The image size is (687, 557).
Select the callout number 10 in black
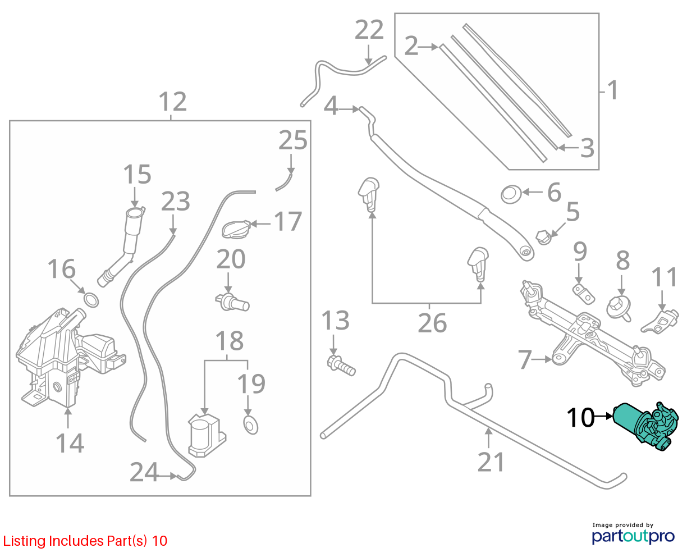pyautogui.click(x=580, y=418)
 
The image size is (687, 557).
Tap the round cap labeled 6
pyautogui.click(x=511, y=194)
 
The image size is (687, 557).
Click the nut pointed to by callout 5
pyautogui.click(x=544, y=238)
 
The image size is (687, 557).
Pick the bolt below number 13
pyautogui.click(x=341, y=366)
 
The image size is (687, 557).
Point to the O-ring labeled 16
pyautogui.click(x=91, y=300)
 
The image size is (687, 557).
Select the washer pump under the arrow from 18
pyautogui.click(x=207, y=435)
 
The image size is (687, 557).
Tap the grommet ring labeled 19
pyautogui.click(x=250, y=425)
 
